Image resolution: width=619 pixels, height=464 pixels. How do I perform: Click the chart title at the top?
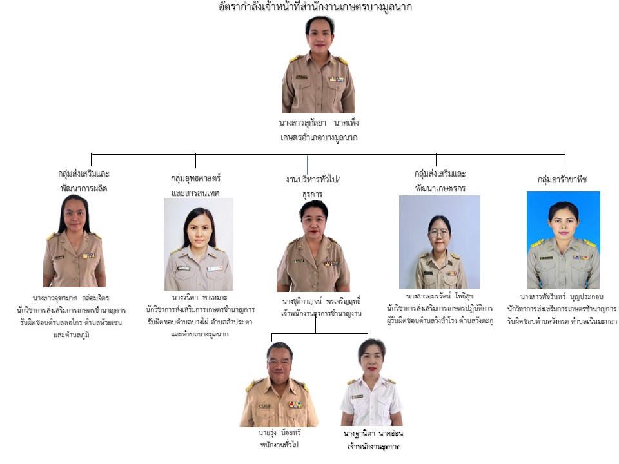pyautogui.click(x=315, y=8)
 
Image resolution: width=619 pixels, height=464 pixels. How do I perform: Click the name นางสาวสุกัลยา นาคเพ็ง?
pyautogui.click(x=319, y=122)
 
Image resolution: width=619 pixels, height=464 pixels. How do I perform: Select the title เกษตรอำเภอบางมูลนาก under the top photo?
pyautogui.click(x=319, y=138)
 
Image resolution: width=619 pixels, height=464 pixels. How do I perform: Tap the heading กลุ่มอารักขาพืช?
pyautogui.click(x=562, y=180)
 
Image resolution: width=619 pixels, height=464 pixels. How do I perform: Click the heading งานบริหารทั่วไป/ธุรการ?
pyautogui.click(x=313, y=186)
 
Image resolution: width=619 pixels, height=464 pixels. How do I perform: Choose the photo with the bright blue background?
pyautogui.click(x=563, y=240)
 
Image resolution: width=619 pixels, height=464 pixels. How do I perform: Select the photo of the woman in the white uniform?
pyautogui.click(x=371, y=384)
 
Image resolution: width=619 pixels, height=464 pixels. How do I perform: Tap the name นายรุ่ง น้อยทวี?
pyautogui.click(x=279, y=433)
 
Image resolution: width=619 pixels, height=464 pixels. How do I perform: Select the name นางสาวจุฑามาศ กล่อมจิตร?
pyautogui.click(x=72, y=298)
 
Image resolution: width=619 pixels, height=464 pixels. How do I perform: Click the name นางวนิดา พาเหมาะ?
pyautogui.click(x=199, y=298)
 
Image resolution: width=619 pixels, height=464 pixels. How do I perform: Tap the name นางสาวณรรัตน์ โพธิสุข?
pyautogui.click(x=439, y=296)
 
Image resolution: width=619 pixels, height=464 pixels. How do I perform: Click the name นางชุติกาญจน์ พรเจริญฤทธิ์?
pyautogui.click(x=320, y=301)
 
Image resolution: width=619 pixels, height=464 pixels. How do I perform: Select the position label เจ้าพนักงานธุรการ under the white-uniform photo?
pyautogui.click(x=373, y=445)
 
